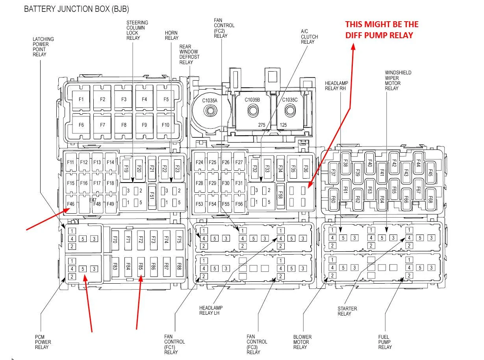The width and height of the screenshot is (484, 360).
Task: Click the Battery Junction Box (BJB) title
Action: tap(76, 9)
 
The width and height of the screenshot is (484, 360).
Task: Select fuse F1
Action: tap(81, 100)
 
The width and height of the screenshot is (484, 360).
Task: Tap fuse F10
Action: tap(165, 125)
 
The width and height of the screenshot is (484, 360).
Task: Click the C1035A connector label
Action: tap(210, 100)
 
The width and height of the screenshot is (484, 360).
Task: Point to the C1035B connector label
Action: tap(252, 100)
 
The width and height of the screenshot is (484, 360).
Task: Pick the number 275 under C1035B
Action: tap(261, 125)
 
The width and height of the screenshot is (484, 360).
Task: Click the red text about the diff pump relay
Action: tap(382, 30)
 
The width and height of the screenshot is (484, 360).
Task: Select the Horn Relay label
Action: tap(172, 35)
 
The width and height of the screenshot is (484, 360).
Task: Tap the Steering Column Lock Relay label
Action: tap(137, 30)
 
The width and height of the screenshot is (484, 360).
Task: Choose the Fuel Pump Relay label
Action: tap(385, 342)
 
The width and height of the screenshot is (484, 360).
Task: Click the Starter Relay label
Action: tap(347, 311)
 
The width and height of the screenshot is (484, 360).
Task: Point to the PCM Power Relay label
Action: tap(43, 342)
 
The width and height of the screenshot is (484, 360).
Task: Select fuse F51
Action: tap(152, 196)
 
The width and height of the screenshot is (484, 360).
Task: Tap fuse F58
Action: tap(280, 195)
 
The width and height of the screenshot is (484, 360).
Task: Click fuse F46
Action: tap(71, 204)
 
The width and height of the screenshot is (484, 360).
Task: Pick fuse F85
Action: tap(141, 267)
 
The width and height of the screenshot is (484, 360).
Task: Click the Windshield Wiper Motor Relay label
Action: tap(398, 81)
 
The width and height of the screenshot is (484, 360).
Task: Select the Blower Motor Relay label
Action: tap(302, 342)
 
